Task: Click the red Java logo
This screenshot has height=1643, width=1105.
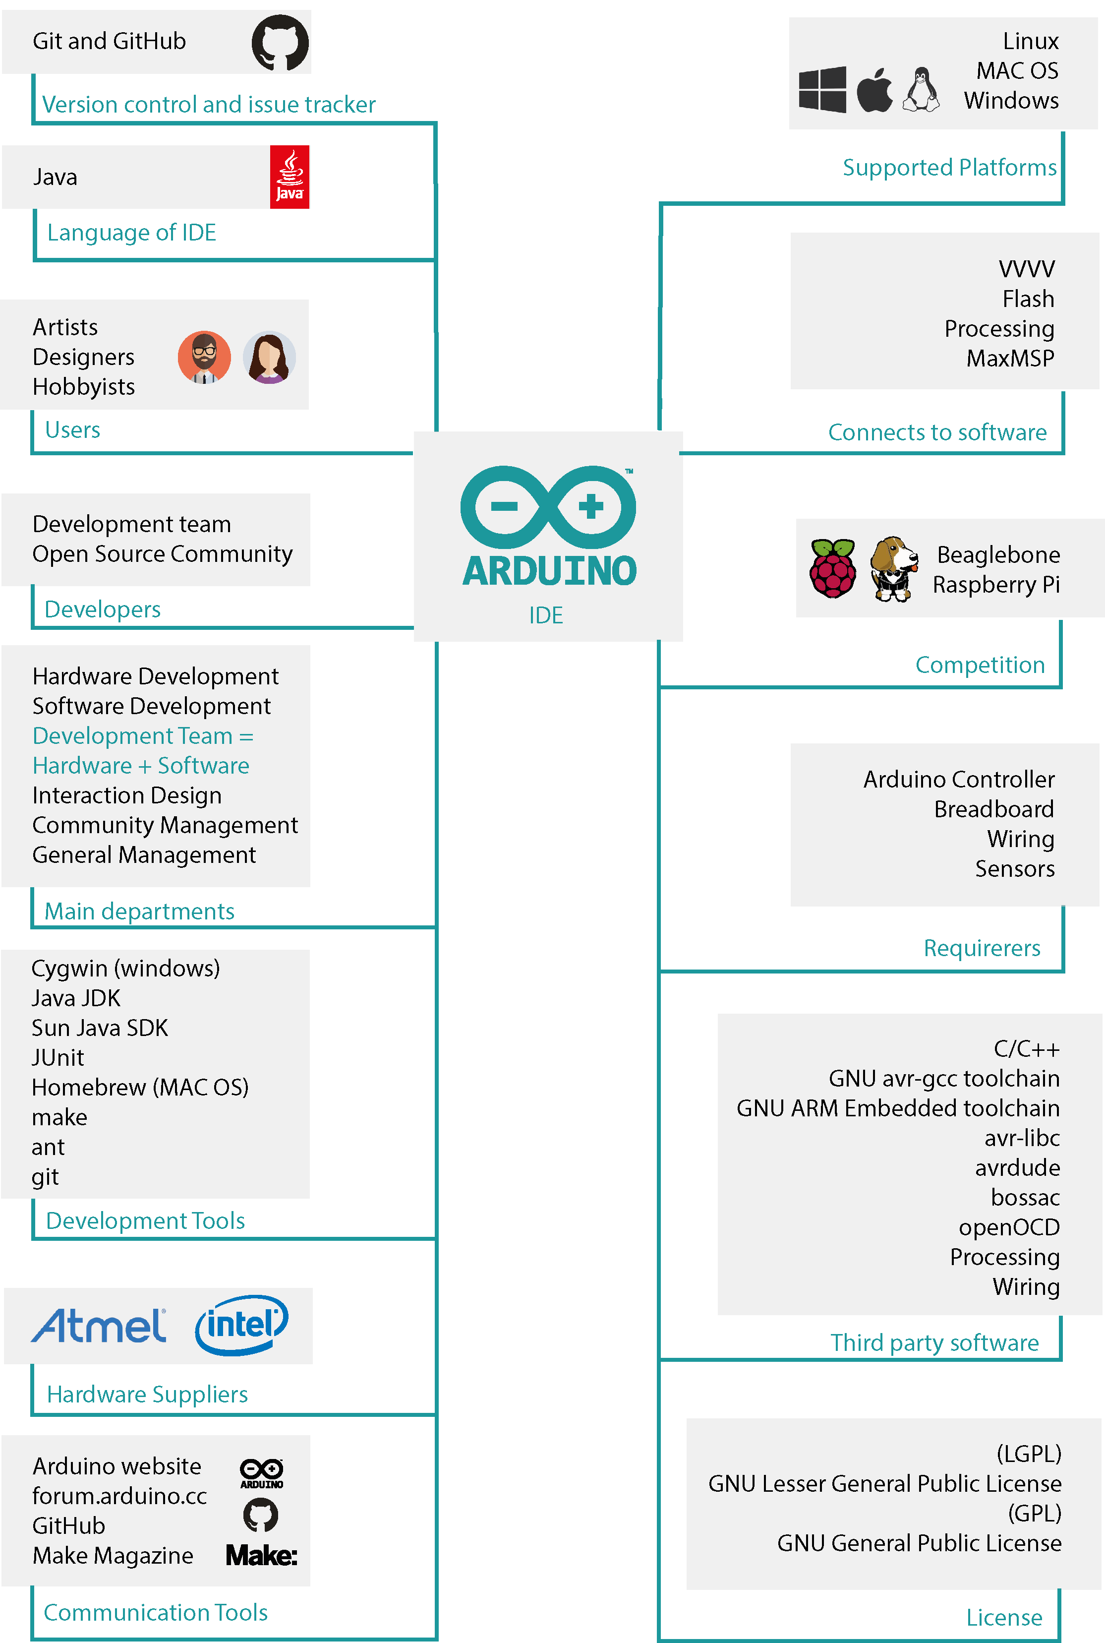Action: pyautogui.click(x=290, y=177)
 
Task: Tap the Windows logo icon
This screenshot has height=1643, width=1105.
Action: pyautogui.click(x=822, y=90)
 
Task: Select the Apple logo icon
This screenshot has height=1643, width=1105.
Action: pyautogui.click(x=874, y=90)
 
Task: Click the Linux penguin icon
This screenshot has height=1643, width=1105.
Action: pyautogui.click(x=922, y=90)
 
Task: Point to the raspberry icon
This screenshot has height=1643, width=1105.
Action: pyautogui.click(x=833, y=568)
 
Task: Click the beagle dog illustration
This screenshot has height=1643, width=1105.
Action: pyautogui.click(x=894, y=568)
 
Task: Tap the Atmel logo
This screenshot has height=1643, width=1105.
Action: pyautogui.click(x=99, y=1325)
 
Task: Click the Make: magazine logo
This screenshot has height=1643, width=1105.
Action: pyautogui.click(x=261, y=1555)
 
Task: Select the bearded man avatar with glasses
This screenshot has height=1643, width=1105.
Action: pyautogui.click(x=204, y=358)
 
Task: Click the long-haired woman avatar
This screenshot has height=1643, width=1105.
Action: pyautogui.click(x=269, y=358)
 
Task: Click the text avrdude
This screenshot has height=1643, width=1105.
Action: pyautogui.click(x=1017, y=1167)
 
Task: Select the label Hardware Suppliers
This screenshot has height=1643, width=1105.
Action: pyautogui.click(x=147, y=1394)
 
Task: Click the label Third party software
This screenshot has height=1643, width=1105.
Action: pyautogui.click(x=934, y=1342)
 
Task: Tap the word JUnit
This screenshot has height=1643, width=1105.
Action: pyautogui.click(x=58, y=1057)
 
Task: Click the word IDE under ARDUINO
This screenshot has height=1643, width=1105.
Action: pyautogui.click(x=546, y=614)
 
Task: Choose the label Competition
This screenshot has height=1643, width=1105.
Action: pyautogui.click(x=980, y=664)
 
